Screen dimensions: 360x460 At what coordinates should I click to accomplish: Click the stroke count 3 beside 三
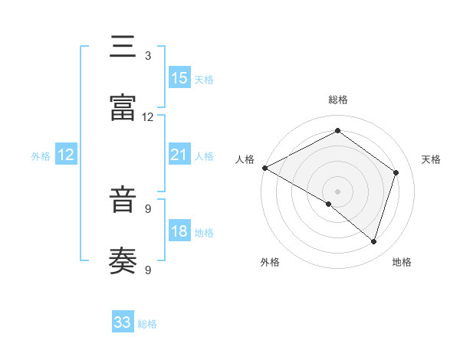148,56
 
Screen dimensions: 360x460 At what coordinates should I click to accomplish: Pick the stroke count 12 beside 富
148,117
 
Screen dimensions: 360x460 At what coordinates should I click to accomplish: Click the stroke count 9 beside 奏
148,270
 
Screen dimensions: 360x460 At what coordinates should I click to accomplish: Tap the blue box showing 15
179,78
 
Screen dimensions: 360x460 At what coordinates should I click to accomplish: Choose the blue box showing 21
179,155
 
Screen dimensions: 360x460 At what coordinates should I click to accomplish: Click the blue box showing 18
179,231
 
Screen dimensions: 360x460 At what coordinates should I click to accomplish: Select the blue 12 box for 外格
66,155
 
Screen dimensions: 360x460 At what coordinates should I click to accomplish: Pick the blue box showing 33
123,322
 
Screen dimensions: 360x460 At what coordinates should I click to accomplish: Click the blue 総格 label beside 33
148,324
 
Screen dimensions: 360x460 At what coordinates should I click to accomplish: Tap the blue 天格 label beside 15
204,80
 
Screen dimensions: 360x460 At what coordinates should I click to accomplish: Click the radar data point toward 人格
264,167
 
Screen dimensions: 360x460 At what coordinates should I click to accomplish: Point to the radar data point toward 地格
373,241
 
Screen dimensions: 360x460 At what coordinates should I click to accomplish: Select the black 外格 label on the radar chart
270,262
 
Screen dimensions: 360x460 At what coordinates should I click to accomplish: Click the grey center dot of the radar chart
337,191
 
